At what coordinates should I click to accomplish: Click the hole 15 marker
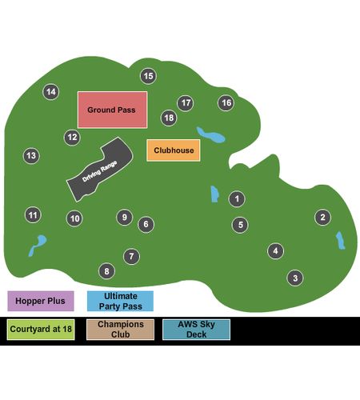pyautogui.click(x=148, y=76)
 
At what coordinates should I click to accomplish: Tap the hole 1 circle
pyautogui.click(x=237, y=199)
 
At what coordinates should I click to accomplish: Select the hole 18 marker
pyautogui.click(x=169, y=118)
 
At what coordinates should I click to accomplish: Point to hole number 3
pyautogui.click(x=295, y=278)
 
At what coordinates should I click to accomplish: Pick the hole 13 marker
pyautogui.click(x=31, y=156)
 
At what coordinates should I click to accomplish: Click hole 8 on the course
pyautogui.click(x=106, y=271)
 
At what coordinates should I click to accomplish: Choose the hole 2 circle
pyautogui.click(x=322, y=218)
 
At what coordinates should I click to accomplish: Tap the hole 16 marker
pyautogui.click(x=226, y=103)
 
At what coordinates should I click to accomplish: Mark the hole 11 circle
pyautogui.click(x=33, y=215)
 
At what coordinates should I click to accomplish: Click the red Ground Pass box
pyautogui.click(x=112, y=110)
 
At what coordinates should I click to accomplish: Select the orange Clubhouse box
pyautogui.click(x=174, y=150)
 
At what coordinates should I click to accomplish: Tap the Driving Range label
pyautogui.click(x=99, y=171)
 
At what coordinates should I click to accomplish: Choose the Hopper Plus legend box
pyautogui.click(x=41, y=301)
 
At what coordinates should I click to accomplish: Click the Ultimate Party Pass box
pyautogui.click(x=120, y=301)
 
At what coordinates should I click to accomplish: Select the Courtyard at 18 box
pyautogui.click(x=41, y=330)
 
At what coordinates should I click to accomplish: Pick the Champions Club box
pyautogui.click(x=120, y=330)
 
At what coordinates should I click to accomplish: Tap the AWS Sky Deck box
pyautogui.click(x=196, y=330)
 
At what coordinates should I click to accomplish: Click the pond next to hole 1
pyautogui.click(x=214, y=194)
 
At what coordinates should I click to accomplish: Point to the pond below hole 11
pyautogui.click(x=38, y=245)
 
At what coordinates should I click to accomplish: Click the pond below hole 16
pyautogui.click(x=211, y=135)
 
